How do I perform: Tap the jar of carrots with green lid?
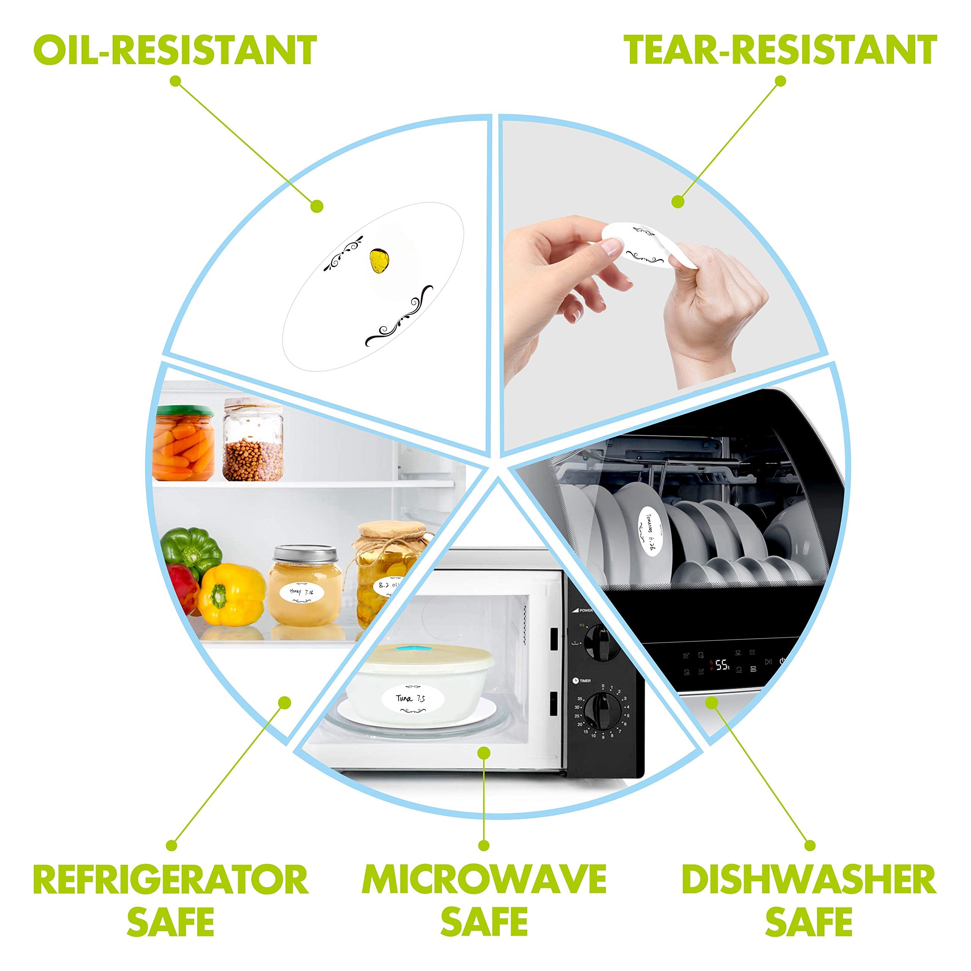coord(184,443)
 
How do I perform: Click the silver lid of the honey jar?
coord(304,556)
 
